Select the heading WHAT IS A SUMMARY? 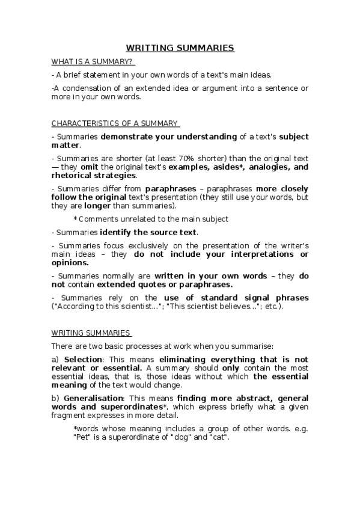[92, 61]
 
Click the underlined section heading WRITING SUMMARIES [90, 332]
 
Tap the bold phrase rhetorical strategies [93, 176]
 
